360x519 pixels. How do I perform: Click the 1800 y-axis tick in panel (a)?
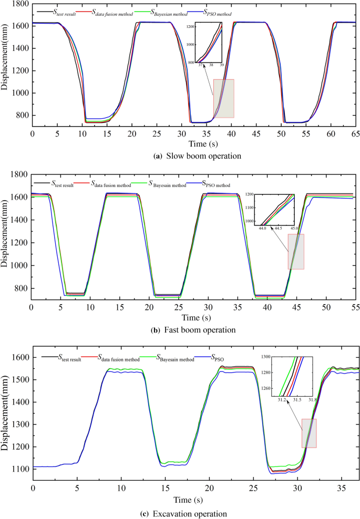tap(19, 3)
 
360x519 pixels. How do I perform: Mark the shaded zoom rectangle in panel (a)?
tap(223, 98)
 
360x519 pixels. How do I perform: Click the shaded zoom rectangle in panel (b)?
tap(296, 252)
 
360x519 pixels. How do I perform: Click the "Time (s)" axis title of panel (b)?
tap(193, 317)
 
